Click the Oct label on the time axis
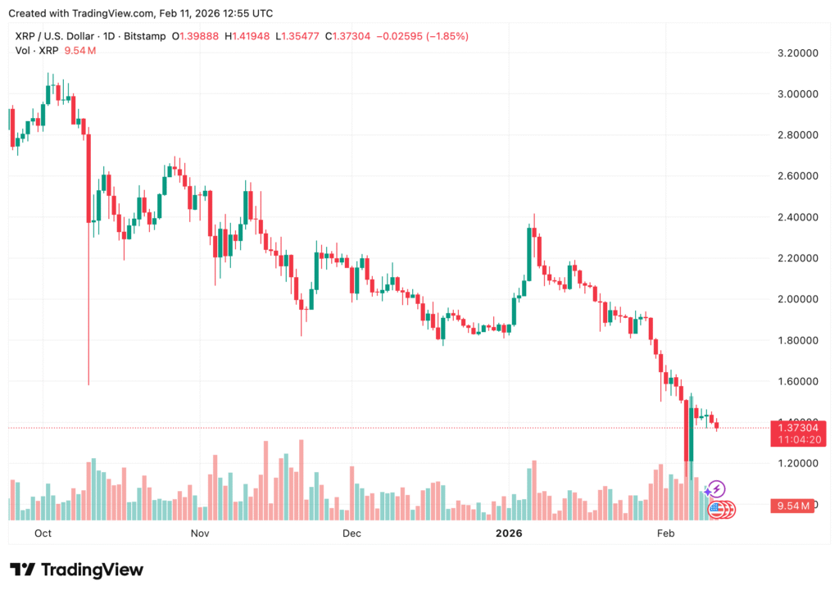pos(43,534)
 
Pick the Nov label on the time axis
pos(200,534)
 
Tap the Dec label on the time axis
pos(351,534)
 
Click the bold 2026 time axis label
pos(509,534)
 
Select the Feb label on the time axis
pos(665,534)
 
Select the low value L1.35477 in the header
pos(298,36)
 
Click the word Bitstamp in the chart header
pos(143,36)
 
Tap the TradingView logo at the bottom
pos(77,570)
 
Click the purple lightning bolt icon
pos(716,489)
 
